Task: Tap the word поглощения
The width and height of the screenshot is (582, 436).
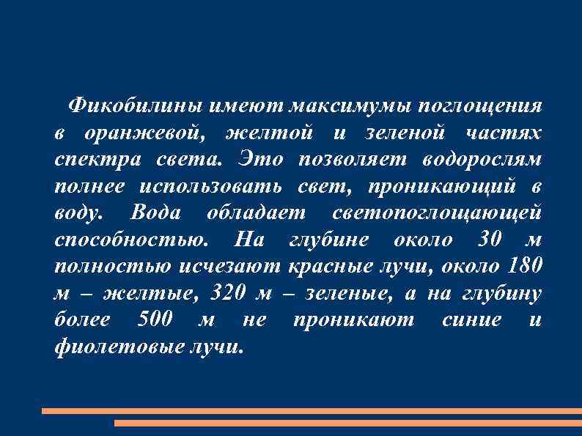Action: (480, 106)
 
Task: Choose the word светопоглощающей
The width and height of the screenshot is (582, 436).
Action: (437, 212)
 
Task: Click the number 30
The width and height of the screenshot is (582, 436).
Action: (491, 239)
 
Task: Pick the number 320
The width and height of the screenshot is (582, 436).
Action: (228, 292)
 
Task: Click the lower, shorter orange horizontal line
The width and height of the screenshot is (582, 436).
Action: (348, 423)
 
